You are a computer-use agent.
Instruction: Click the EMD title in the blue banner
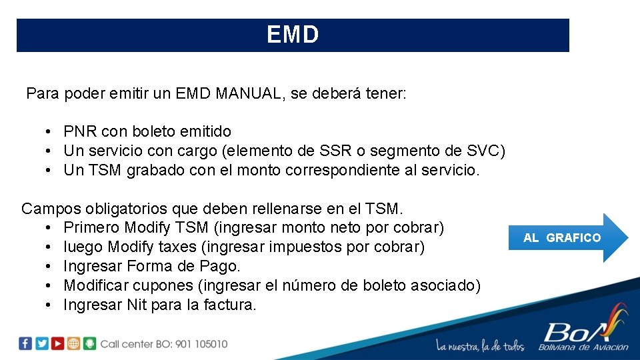[x=293, y=35]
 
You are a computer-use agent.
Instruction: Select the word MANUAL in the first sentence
[x=246, y=93]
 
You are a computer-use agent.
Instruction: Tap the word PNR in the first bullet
[x=78, y=131]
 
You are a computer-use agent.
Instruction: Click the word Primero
[x=91, y=228]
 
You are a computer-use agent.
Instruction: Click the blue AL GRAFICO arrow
[x=567, y=237]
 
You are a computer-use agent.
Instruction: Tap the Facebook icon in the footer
[x=25, y=343]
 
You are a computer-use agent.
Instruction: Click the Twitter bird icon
[x=41, y=343]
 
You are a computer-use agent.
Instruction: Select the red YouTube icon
[x=58, y=343]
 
